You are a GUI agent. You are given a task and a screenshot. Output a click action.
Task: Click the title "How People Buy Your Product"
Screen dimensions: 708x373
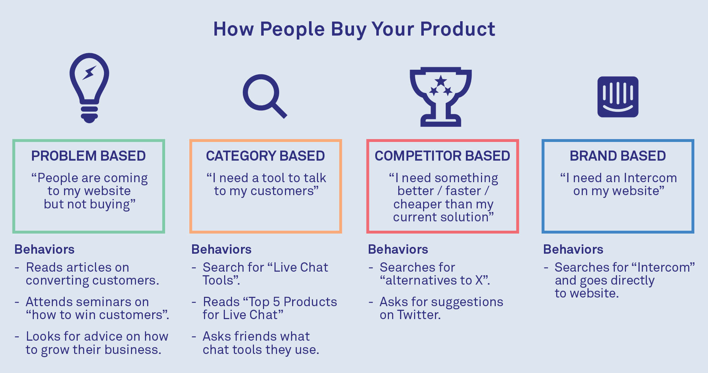click(x=354, y=29)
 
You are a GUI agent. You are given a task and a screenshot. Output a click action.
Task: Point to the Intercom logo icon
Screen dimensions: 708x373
click(x=618, y=97)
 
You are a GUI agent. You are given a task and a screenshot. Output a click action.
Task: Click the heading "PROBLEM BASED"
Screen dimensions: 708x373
click(x=88, y=156)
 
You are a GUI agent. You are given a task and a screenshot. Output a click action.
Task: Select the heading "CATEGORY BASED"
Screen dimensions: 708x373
click(x=265, y=156)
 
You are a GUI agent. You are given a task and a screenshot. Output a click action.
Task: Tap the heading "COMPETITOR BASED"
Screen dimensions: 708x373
click(x=442, y=156)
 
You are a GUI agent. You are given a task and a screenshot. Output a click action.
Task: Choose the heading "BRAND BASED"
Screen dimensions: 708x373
click(x=618, y=156)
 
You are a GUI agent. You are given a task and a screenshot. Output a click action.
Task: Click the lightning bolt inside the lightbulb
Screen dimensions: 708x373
click(x=89, y=73)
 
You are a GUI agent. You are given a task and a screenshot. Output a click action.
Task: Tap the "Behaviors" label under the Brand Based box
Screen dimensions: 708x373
click(x=573, y=249)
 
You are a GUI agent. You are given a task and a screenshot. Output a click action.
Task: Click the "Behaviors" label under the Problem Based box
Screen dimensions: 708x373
click(x=44, y=249)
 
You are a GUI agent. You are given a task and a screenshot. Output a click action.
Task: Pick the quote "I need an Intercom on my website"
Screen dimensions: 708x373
click(x=618, y=184)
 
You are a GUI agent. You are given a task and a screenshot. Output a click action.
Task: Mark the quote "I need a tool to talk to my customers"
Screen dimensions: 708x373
click(x=266, y=184)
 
